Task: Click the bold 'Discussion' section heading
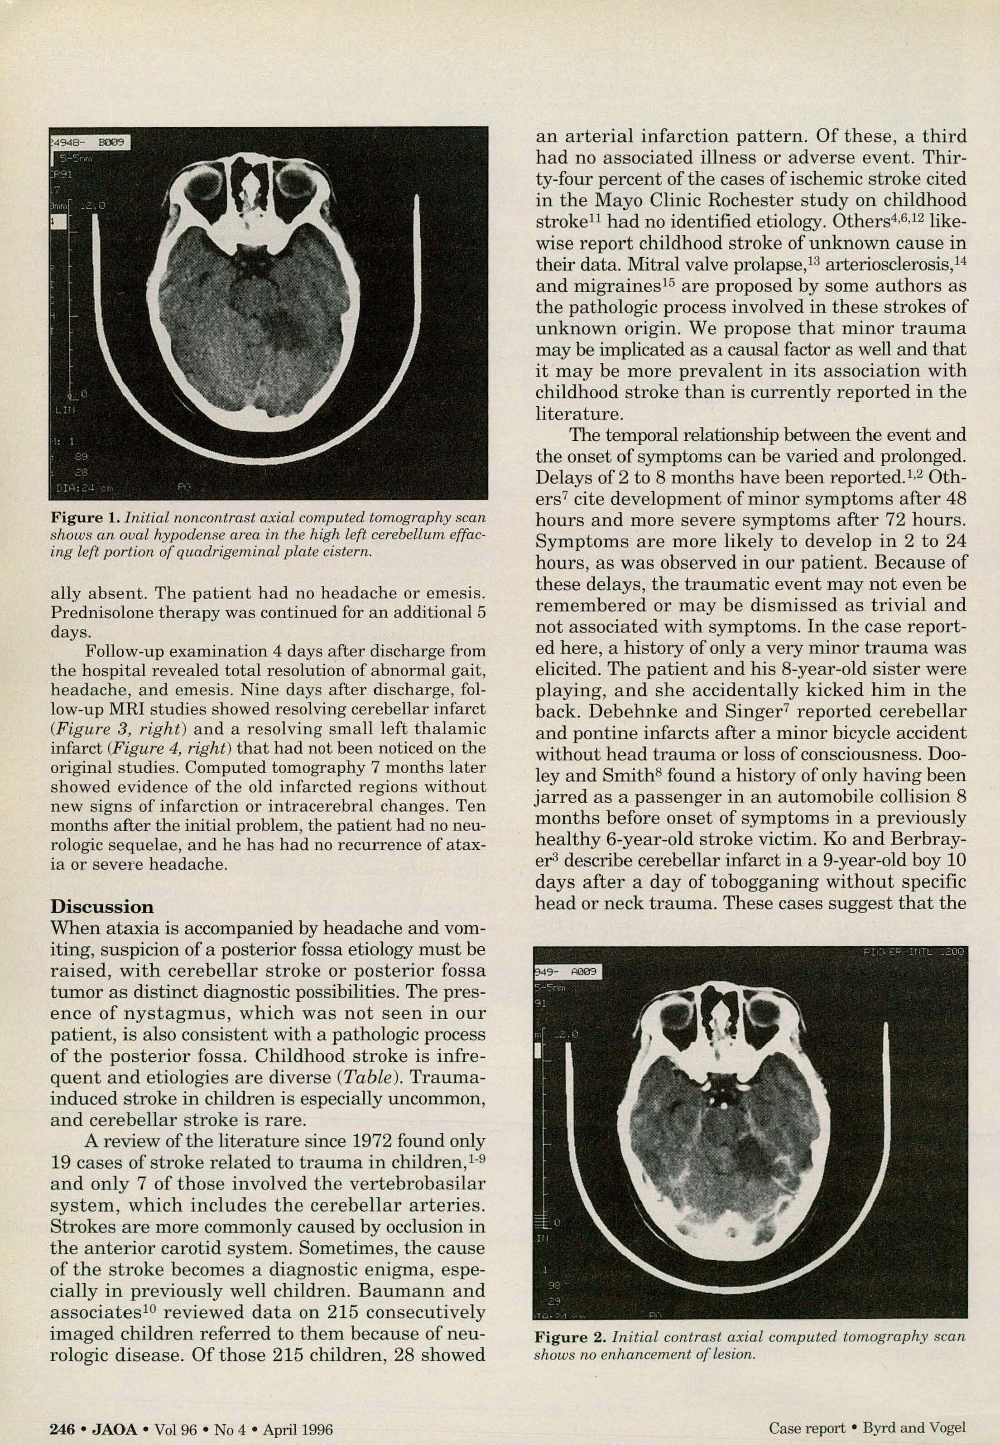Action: click(101, 907)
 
